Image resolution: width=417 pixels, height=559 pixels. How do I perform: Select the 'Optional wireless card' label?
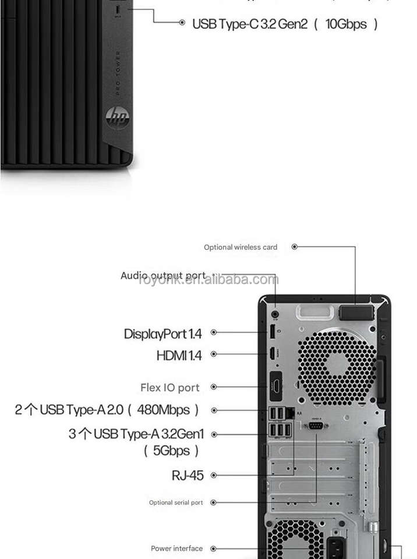[x=241, y=247]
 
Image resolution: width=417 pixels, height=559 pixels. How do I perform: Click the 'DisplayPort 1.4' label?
[x=162, y=334]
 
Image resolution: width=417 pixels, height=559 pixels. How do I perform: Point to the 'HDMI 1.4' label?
[x=179, y=355]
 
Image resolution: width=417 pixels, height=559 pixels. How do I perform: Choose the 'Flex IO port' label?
[x=170, y=387]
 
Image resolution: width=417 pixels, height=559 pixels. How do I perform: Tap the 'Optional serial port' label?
[x=176, y=503]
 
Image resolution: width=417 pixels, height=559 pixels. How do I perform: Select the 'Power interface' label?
[x=177, y=549]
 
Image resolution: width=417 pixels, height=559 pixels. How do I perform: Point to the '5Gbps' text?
[x=172, y=450]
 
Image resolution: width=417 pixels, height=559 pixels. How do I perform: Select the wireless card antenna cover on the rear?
[x=356, y=312]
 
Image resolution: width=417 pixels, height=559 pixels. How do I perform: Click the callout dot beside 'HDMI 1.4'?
[x=214, y=354]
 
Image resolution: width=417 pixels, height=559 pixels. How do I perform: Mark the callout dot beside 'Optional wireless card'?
[x=294, y=247]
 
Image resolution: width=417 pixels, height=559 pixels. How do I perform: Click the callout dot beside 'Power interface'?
[x=214, y=549]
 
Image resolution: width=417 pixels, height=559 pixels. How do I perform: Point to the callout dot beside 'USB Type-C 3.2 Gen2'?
[x=182, y=23]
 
